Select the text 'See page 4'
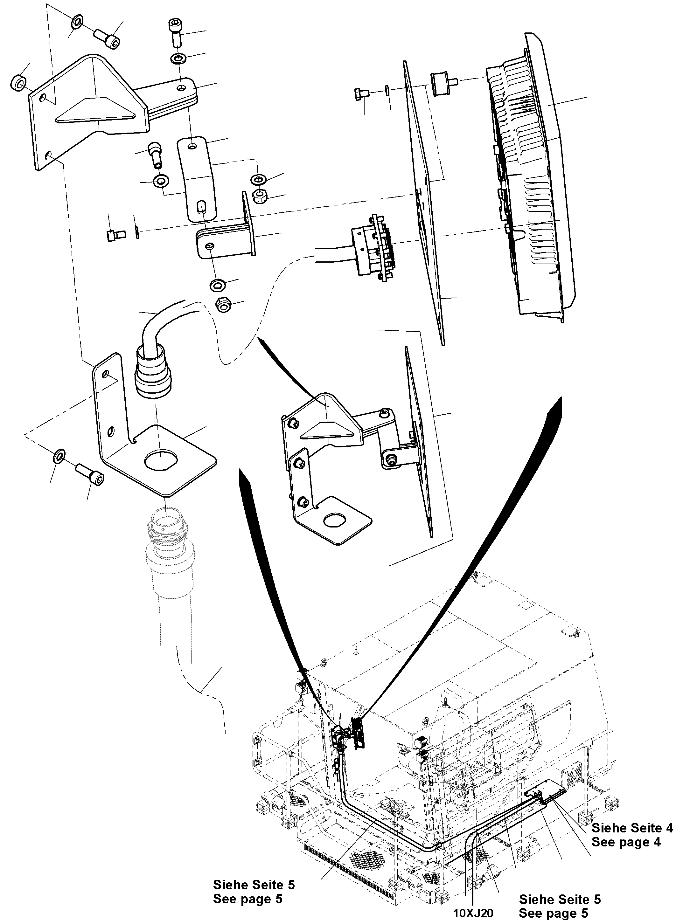[626, 842]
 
